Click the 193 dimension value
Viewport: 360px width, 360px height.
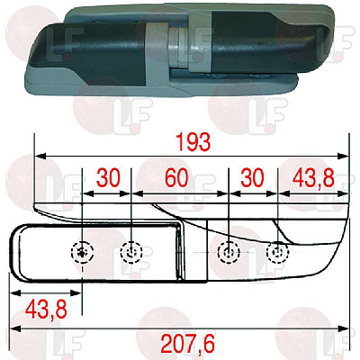point(193,142)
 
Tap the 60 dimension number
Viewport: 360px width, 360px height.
point(177,177)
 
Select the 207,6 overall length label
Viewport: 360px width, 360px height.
point(188,344)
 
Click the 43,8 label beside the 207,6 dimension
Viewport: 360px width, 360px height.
point(46,310)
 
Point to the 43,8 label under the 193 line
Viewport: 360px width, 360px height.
point(313,177)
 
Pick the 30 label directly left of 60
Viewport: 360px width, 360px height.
point(108,177)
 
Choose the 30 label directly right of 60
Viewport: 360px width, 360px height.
point(252,177)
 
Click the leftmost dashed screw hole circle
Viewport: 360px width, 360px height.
point(82,252)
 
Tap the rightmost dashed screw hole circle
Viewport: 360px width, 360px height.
point(277,252)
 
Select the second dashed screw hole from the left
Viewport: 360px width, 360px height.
point(130,252)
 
